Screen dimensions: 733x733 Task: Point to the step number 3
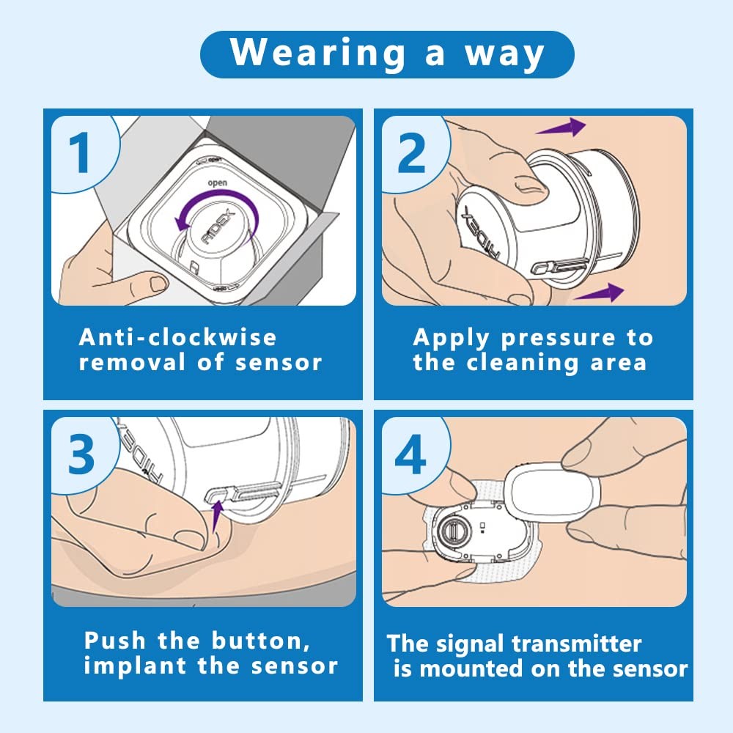click(80, 454)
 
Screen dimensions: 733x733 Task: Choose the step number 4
click(410, 455)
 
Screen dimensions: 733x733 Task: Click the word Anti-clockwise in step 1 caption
click(178, 337)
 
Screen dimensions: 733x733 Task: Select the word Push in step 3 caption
click(116, 641)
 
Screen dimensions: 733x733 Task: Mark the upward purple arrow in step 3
click(217, 513)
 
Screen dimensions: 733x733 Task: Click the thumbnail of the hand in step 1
click(155, 281)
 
